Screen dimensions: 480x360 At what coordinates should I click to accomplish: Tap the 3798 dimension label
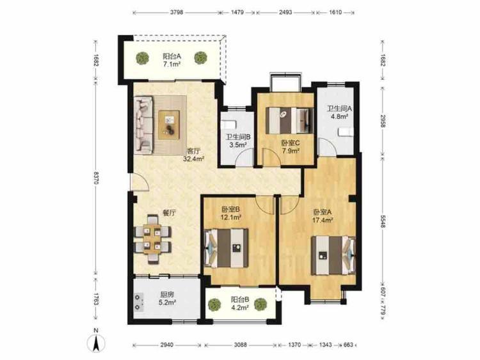coord(176,13)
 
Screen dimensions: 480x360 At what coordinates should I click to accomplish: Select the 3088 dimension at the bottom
coord(240,345)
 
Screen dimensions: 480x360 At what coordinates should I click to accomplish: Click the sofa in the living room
coord(143,124)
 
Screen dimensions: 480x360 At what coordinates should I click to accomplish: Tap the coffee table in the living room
coord(169,125)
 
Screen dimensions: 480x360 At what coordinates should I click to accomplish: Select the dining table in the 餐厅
coord(152,239)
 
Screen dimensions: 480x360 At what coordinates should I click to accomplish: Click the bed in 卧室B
coord(226,247)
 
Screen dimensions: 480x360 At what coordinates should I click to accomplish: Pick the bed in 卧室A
coord(333,254)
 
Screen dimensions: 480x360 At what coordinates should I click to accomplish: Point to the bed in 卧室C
coord(289,120)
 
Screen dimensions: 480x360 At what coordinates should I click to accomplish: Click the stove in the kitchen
coord(139,302)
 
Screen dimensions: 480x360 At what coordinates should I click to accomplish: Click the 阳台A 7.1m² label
coord(172,60)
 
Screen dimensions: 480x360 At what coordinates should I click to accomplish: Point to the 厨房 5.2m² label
coord(167,299)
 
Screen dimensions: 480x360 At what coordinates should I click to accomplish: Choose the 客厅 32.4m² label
coord(193,155)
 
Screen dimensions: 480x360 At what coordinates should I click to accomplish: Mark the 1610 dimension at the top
coord(335,13)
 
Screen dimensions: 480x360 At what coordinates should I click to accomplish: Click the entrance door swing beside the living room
coord(140,183)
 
